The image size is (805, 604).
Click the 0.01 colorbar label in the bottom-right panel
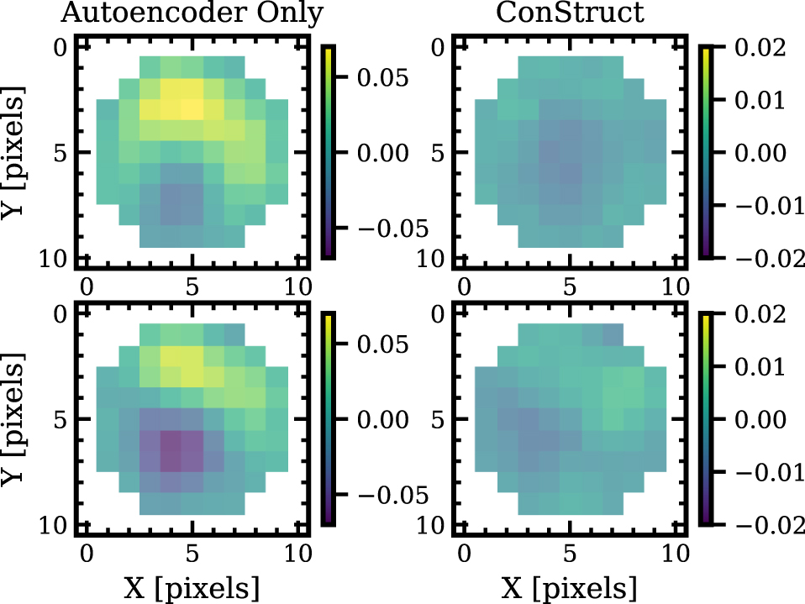pyautogui.click(x=764, y=367)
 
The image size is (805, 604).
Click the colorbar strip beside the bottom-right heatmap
pyautogui.click(x=708, y=418)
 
